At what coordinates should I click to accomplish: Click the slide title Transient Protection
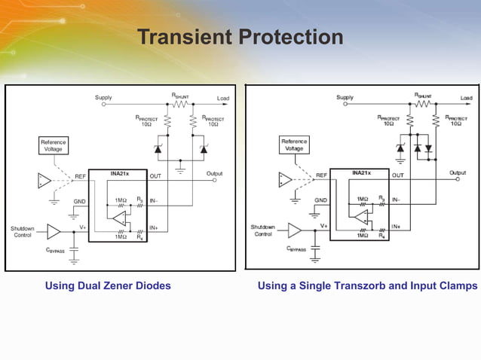[240, 37]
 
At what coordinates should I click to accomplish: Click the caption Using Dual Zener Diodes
[108, 285]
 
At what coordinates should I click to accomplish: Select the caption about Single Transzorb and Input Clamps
[367, 285]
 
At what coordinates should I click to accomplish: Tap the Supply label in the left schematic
[104, 98]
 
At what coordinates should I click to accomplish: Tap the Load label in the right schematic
[466, 98]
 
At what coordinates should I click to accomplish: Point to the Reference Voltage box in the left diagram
[53, 145]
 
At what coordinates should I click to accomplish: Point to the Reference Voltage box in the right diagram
[294, 145]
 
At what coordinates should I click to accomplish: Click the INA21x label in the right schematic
[362, 173]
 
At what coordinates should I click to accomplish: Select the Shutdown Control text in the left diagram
[23, 231]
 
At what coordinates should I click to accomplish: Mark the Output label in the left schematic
[214, 173]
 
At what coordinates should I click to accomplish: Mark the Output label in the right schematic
[457, 173]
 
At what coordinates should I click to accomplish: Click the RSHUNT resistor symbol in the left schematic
[179, 105]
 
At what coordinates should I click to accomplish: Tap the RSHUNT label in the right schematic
[423, 95]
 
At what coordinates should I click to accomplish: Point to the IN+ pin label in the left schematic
[154, 227]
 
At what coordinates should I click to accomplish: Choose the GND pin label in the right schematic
[320, 200]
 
